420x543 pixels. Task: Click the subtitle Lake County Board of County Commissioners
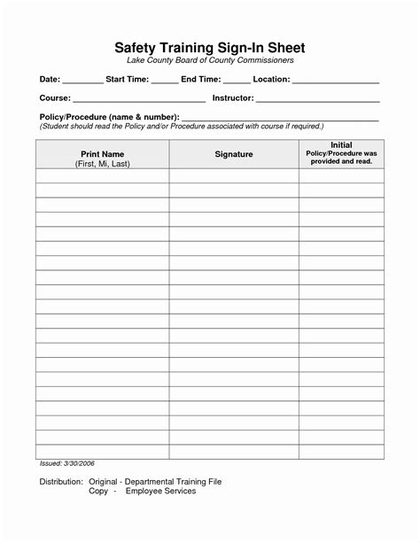pyautogui.click(x=210, y=60)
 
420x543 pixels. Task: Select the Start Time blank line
pyautogui.click(x=164, y=81)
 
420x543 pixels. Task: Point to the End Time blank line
pyautogui.click(x=237, y=81)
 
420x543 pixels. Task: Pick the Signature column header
pyautogui.click(x=234, y=155)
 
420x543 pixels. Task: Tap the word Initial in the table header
pyautogui.click(x=341, y=144)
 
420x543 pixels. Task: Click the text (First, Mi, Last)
pyautogui.click(x=102, y=165)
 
